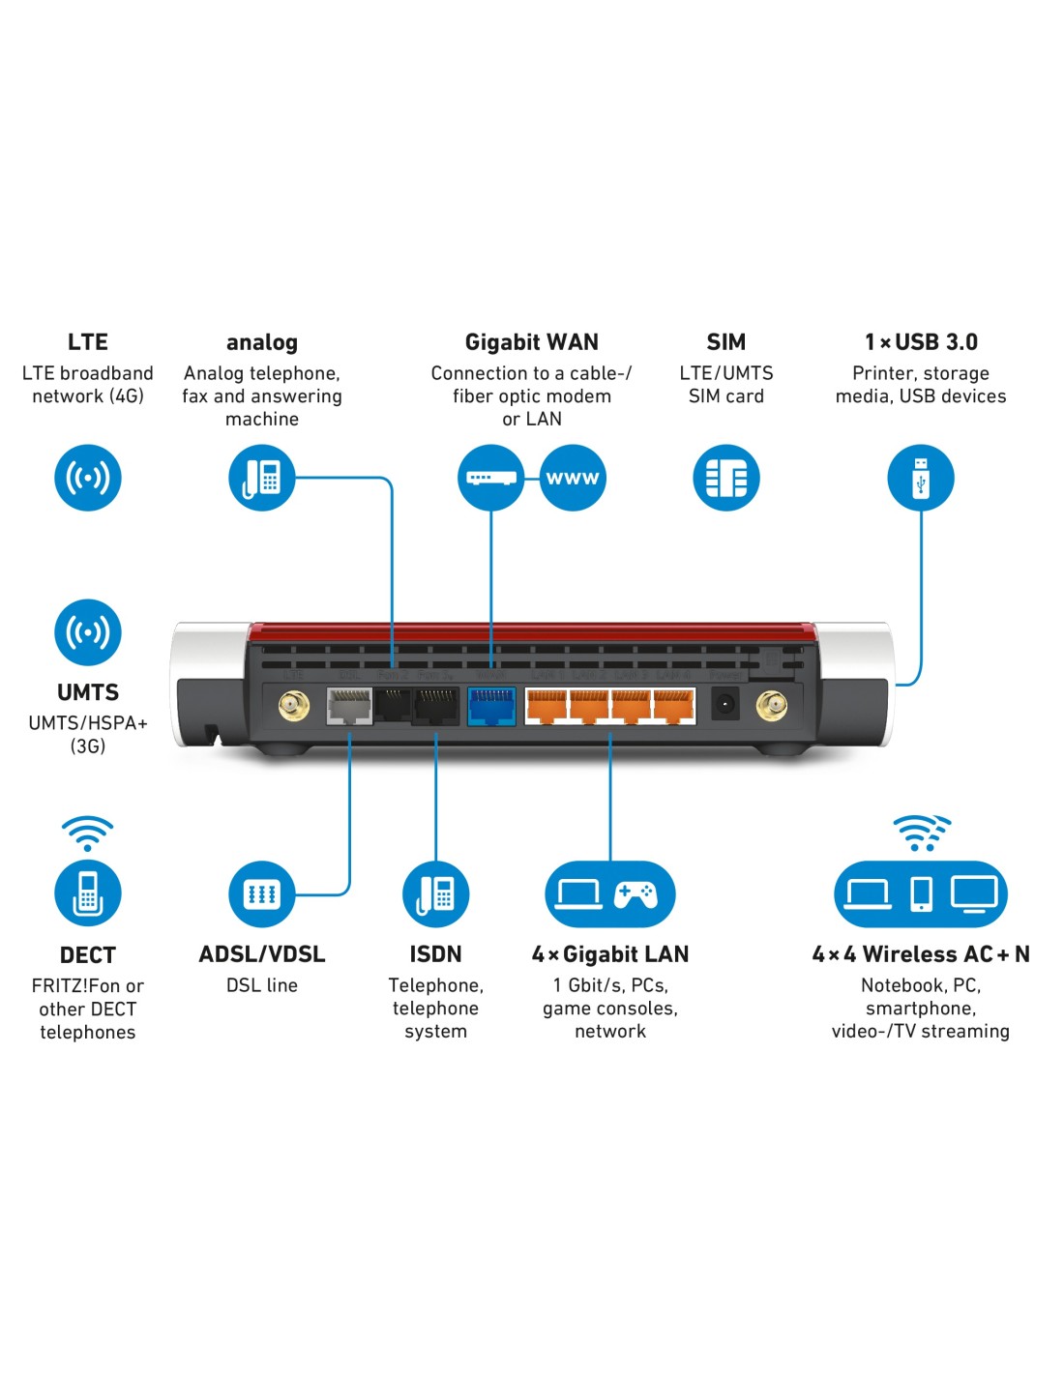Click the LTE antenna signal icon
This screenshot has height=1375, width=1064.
pyautogui.click(x=88, y=478)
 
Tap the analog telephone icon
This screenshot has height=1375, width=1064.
pyautogui.click(x=262, y=478)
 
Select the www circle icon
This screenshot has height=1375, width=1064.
pyautogui.click(x=573, y=478)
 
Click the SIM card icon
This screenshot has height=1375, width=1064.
pyautogui.click(x=726, y=478)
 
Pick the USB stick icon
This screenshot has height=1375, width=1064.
pyautogui.click(x=921, y=478)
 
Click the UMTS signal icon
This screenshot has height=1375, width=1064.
pyautogui.click(x=88, y=632)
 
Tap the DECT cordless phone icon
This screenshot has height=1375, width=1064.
pyautogui.click(x=88, y=893)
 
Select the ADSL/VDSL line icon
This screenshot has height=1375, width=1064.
pyautogui.click(x=262, y=893)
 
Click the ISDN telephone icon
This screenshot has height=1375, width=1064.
pyautogui.click(x=436, y=893)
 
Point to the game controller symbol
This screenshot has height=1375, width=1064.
pyautogui.click(x=636, y=894)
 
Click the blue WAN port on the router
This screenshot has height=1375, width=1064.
pyautogui.click(x=491, y=706)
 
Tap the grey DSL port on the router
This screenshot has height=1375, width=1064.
pyautogui.click(x=349, y=706)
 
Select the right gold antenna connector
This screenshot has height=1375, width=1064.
pyautogui.click(x=771, y=706)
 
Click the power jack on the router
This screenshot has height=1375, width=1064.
pyautogui.click(x=724, y=705)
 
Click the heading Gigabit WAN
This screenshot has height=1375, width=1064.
pyautogui.click(x=532, y=342)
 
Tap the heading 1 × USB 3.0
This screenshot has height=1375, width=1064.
pyautogui.click(x=921, y=342)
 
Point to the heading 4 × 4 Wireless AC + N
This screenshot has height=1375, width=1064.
pyautogui.click(x=921, y=954)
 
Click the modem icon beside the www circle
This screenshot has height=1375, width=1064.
pyautogui.click(x=491, y=478)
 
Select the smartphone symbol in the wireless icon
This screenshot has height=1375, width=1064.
pyautogui.click(x=922, y=893)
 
